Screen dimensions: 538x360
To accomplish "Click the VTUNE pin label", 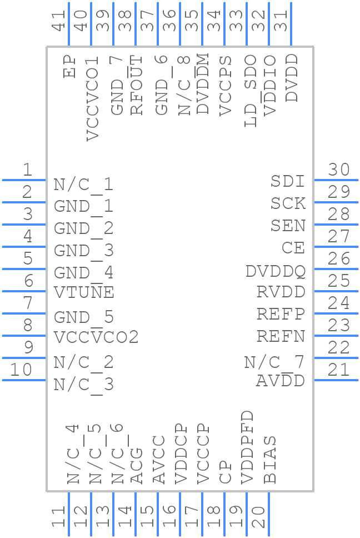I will tap(84, 292).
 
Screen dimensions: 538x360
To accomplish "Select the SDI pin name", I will tap(288, 181).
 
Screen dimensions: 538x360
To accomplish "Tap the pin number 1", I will tap(27, 170).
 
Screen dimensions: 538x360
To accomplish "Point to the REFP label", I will tap(281, 314).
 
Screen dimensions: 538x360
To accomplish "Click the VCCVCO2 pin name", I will tap(96, 337).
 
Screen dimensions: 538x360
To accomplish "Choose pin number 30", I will tap(339, 170).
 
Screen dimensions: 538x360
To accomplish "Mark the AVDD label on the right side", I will tap(281, 381).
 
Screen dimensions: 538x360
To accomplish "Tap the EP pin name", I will tap(70, 66).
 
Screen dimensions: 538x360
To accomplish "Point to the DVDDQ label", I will tap(276, 271).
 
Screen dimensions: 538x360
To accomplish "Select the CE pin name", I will tap(293, 248).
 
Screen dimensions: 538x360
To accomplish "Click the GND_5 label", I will tap(84, 317).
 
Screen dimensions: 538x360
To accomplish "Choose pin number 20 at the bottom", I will tap(259, 517).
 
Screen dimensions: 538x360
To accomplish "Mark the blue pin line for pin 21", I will tap(336, 380).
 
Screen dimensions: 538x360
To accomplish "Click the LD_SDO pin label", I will tap(251, 91).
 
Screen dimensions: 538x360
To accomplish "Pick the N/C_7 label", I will tap(274, 362).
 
